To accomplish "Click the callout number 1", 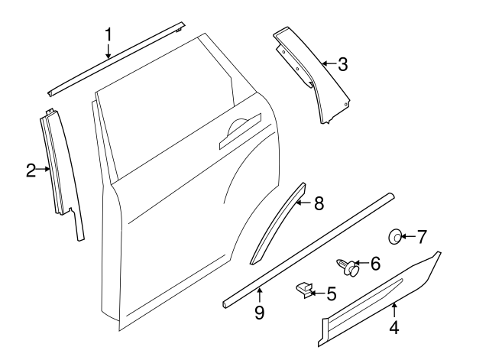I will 108,34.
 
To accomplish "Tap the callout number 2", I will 31,170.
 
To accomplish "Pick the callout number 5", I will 331,292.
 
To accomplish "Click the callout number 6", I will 374,264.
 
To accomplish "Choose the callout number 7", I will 421,236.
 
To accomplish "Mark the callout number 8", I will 319,203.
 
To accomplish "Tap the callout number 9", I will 259,312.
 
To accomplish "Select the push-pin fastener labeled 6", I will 348,267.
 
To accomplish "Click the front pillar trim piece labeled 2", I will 62,172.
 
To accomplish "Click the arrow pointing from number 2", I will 44,170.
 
